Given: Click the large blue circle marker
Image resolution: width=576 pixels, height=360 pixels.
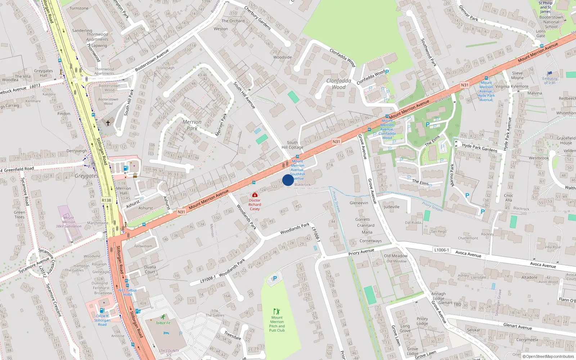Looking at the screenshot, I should [288, 180].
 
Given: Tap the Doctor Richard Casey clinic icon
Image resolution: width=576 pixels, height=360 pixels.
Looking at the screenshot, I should [255, 195].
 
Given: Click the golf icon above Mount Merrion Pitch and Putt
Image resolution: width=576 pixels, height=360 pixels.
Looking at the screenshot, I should [276, 311].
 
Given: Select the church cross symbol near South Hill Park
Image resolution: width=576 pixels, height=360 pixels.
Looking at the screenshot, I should [108, 123].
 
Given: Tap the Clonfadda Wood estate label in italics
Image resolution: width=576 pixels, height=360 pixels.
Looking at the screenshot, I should [339, 84].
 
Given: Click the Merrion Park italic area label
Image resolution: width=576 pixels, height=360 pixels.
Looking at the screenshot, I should [192, 125].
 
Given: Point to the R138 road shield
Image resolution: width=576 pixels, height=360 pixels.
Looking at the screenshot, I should [106, 200].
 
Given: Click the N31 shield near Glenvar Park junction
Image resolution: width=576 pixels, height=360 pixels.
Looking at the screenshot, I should [465, 85].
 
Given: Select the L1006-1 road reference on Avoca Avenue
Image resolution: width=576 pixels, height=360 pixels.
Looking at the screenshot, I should [441, 250].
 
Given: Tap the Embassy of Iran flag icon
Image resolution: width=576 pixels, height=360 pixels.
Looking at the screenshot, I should [550, 73].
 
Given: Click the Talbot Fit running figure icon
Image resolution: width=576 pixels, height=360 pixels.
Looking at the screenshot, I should [163, 317].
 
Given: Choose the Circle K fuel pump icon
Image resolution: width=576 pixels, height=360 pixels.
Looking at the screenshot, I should [102, 310].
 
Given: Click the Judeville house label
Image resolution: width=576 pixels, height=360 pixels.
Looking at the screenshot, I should [391, 207].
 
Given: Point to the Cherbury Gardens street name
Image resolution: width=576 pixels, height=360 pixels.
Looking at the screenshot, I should [257, 18].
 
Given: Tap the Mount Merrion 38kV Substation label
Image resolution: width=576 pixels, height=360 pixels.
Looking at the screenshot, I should [68, 222].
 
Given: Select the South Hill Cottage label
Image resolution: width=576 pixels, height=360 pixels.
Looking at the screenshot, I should [292, 145].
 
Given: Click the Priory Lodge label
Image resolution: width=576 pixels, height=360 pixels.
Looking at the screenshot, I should [422, 321].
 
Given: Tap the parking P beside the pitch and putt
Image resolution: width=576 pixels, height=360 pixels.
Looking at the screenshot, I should [275, 278].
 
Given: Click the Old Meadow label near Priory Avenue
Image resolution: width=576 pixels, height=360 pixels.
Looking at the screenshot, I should [396, 256].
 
